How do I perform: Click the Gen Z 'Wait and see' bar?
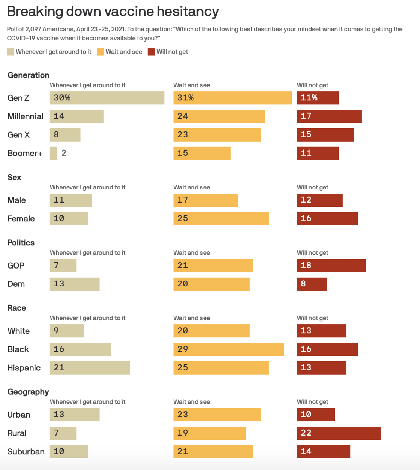[232, 98]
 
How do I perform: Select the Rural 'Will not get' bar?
[339, 433]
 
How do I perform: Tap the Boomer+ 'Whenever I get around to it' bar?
[54, 153]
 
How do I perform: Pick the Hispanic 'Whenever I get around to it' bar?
[90, 368]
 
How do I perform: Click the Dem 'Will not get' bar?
[312, 284]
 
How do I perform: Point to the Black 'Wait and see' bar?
[228, 349]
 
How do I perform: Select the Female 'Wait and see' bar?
[221, 219]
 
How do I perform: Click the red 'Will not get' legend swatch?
[151, 52]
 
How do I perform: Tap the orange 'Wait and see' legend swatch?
[100, 52]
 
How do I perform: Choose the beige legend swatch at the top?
[10, 52]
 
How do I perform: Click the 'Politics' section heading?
[21, 243]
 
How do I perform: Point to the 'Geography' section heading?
[28, 392]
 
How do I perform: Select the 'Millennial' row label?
[25, 116]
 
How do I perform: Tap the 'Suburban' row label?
[26, 452]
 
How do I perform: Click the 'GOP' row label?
[16, 266]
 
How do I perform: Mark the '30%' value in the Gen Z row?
[62, 98]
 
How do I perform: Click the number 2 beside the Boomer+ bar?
[64, 153]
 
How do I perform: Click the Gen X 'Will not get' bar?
[325, 135]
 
